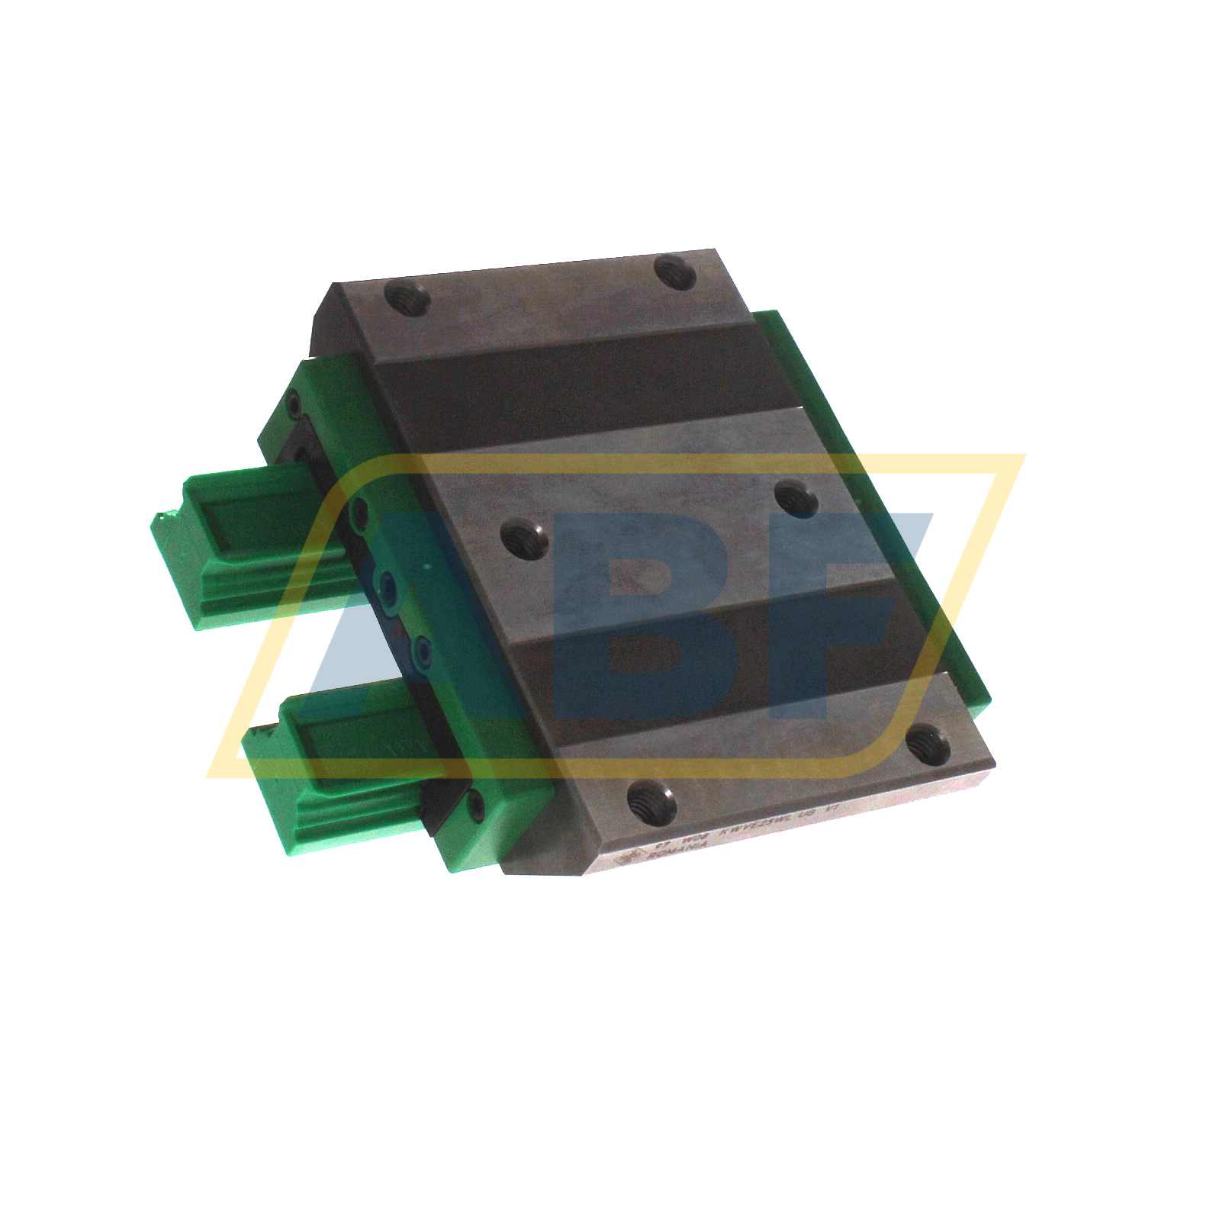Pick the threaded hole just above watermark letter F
[796, 500]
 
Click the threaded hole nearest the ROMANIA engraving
[651, 800]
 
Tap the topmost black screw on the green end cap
[293, 403]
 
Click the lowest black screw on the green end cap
[476, 805]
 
